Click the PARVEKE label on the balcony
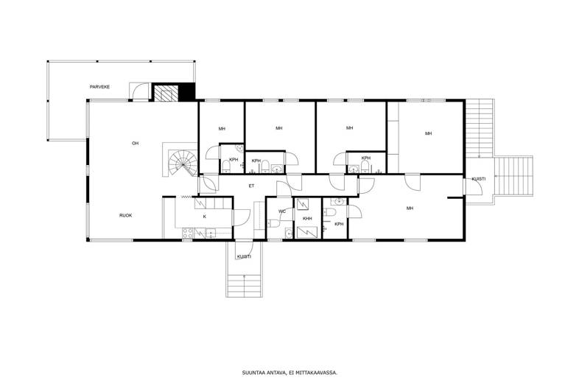[x=99, y=87]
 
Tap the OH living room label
[x=135, y=144]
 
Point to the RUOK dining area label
[x=125, y=215]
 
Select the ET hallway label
[x=251, y=186]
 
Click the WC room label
[x=282, y=211]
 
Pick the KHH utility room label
[x=307, y=219]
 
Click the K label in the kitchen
[x=205, y=217]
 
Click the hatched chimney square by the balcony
[x=165, y=93]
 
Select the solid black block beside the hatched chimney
[x=186, y=91]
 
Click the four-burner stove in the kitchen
[x=187, y=233]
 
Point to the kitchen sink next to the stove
[x=211, y=233]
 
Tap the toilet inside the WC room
[x=273, y=223]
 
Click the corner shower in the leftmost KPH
[x=240, y=149]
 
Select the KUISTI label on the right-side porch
[x=479, y=179]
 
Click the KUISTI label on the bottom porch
[x=244, y=256]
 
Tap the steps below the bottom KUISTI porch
[x=245, y=284]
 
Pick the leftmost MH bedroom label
[x=222, y=129]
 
